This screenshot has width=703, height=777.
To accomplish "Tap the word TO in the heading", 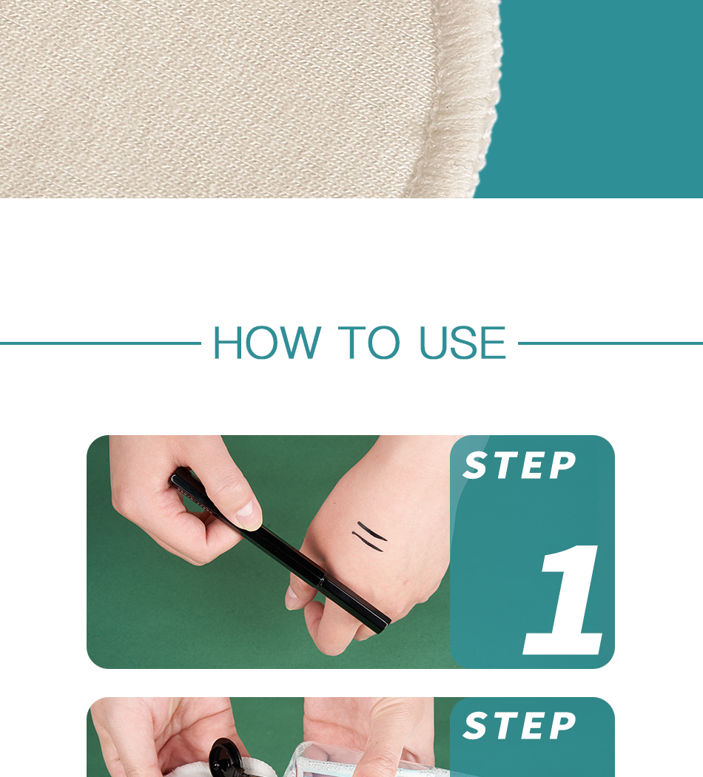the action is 369,343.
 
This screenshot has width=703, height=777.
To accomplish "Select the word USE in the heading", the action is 462,343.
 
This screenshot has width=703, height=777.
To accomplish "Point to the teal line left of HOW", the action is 101,343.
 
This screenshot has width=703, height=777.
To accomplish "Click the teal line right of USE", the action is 610,343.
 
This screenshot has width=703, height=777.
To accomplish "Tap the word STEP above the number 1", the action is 519,465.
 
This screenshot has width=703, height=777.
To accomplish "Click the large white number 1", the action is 563,599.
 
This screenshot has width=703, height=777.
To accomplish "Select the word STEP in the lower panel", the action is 519,726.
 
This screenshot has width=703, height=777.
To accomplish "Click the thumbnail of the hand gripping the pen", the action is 269,552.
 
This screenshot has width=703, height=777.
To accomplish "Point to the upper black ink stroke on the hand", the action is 372,531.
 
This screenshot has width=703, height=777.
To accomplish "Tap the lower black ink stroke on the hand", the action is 368,542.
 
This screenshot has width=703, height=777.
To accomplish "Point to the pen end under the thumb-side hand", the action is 178,478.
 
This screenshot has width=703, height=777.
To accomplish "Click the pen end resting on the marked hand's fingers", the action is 383,626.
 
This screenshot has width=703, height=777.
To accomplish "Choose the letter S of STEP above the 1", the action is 474,465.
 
